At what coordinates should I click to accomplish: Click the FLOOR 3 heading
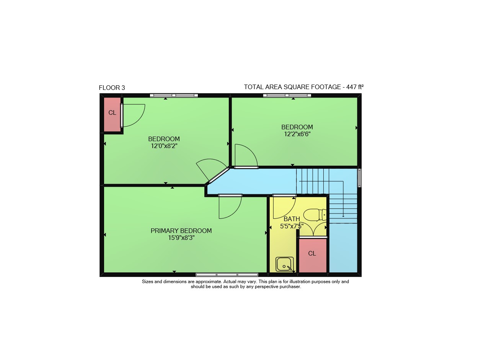112,88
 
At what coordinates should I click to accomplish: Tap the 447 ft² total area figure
355,87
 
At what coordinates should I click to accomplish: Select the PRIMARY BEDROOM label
181,231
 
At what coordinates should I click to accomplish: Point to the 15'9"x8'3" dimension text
181,238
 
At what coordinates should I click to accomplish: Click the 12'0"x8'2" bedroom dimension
164,146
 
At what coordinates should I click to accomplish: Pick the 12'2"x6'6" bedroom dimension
297,134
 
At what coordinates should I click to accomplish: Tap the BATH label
292,219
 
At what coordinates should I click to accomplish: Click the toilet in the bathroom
315,215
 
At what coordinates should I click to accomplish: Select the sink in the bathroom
285,264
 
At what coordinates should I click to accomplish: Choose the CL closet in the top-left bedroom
112,115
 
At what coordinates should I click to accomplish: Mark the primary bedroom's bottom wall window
227,275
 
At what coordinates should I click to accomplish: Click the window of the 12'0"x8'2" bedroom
174,95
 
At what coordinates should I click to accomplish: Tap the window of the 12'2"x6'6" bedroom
287,95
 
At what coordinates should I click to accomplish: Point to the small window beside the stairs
359,178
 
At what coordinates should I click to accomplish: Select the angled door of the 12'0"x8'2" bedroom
219,175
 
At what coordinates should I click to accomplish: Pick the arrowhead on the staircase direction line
343,216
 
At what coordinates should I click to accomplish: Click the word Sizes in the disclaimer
147,282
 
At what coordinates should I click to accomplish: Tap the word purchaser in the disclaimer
291,287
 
